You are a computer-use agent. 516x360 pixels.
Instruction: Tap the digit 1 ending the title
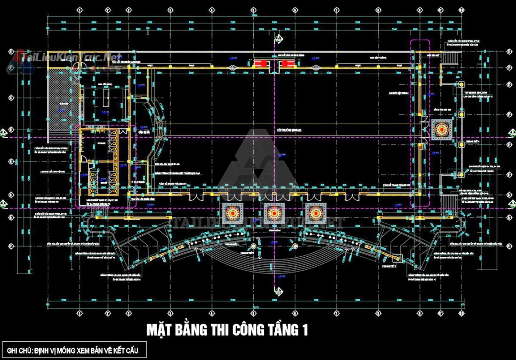coord(304,330)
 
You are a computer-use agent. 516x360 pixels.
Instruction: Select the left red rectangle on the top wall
coord(261,63)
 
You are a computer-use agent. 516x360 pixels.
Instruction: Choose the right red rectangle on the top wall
coord(287,63)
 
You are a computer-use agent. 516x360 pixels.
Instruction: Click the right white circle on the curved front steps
coord(295,247)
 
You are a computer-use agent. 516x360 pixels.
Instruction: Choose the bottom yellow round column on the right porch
coord(462,175)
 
